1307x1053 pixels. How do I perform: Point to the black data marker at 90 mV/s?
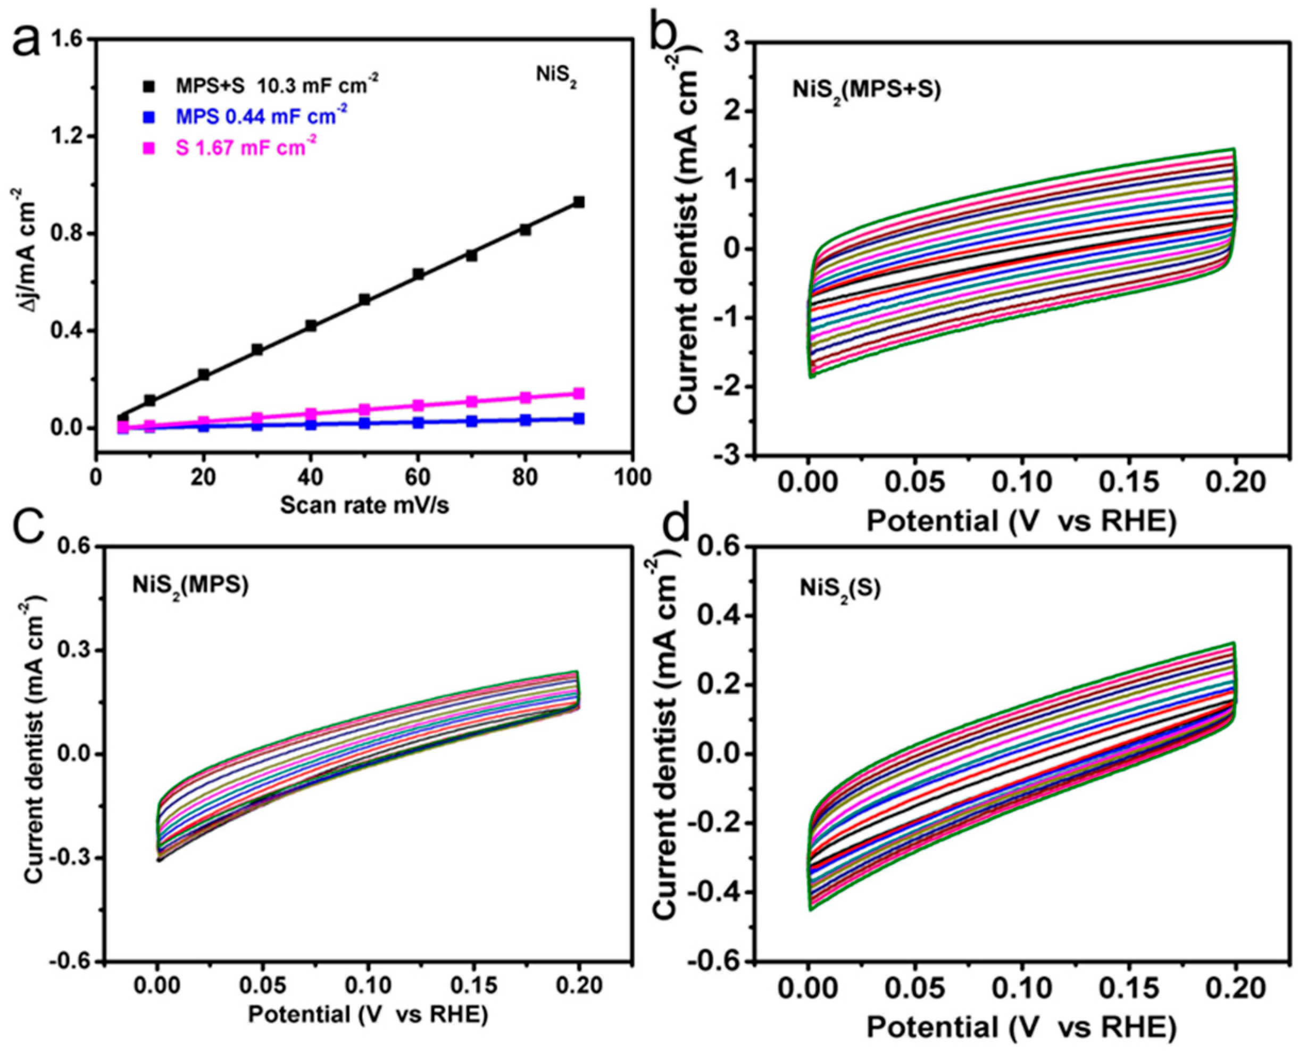[578, 202]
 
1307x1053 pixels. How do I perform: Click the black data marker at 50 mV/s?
[364, 299]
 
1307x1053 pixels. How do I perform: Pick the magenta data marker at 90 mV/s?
[578, 394]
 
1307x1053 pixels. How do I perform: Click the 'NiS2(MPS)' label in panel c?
[190, 587]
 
